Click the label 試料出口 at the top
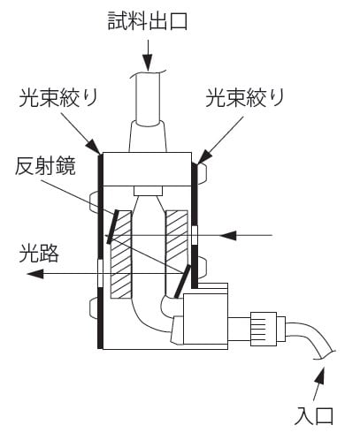pos(148,21)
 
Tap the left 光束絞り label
pos(58,97)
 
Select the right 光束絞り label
pos(244,97)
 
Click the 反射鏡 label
pos(45,166)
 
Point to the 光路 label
pos(39,254)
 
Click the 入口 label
pos(314,415)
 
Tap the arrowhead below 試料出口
pos(148,62)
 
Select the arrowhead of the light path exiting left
pos(34,274)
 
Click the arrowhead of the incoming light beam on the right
pos(227,235)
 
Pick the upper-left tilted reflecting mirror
pos(112,227)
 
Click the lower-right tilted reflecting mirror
pos(183,282)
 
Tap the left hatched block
pos(121,254)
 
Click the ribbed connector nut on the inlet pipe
pos(264,329)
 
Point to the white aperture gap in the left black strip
pos(101,274)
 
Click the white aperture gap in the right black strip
pos(195,236)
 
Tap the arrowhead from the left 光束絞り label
pos(94,147)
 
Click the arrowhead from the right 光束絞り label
pos(204,156)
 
